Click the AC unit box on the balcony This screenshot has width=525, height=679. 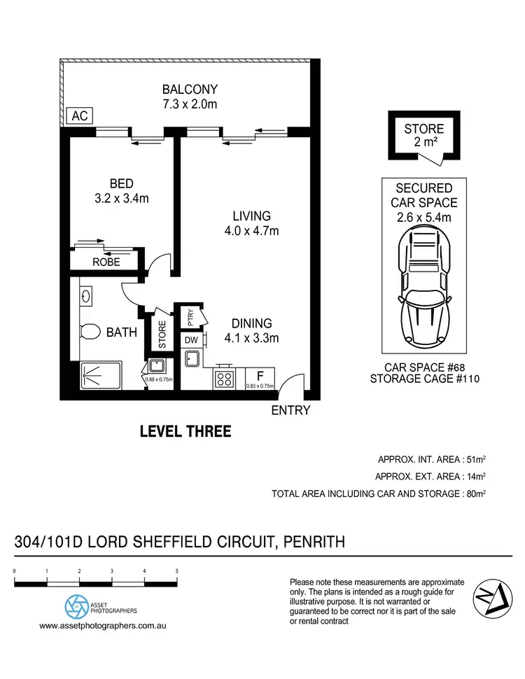coord(80,116)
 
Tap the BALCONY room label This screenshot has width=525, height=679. coord(190,97)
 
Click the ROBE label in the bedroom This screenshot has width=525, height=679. coord(106,262)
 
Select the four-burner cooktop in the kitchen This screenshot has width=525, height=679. coord(224,378)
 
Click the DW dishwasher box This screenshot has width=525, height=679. coord(191,340)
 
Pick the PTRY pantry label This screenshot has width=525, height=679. coord(190,318)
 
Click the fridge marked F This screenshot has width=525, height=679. coord(260,378)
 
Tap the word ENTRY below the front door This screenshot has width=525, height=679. coord(290,410)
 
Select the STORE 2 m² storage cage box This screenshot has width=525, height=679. coord(424,136)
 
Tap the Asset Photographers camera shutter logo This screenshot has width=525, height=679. coord(75,606)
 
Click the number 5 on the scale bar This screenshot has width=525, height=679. coord(177,571)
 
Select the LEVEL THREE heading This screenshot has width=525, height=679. coord(185,431)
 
